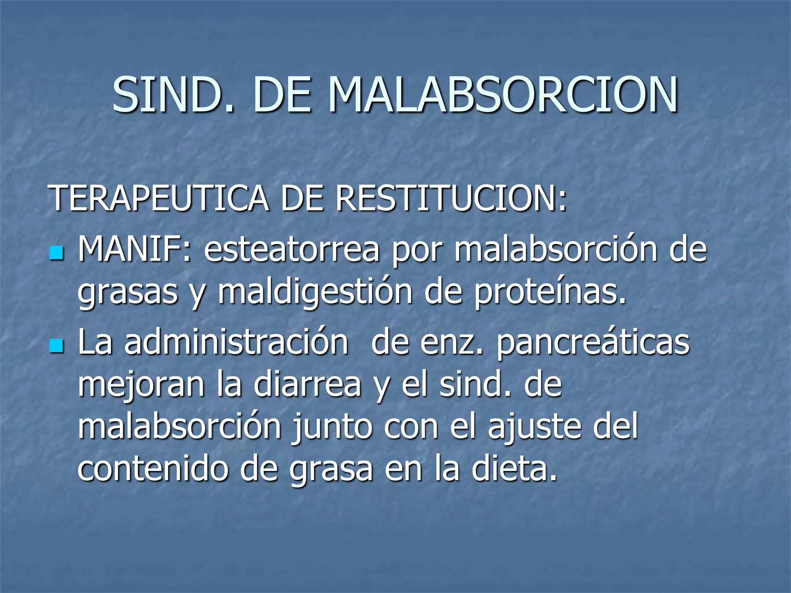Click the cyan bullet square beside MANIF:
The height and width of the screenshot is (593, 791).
pos(56,254)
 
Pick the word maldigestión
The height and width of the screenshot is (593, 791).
pos(315,292)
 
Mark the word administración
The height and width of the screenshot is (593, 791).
pos(236,342)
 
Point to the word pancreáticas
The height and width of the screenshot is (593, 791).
pos(593,342)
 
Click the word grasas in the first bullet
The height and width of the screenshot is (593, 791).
pos(127,292)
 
